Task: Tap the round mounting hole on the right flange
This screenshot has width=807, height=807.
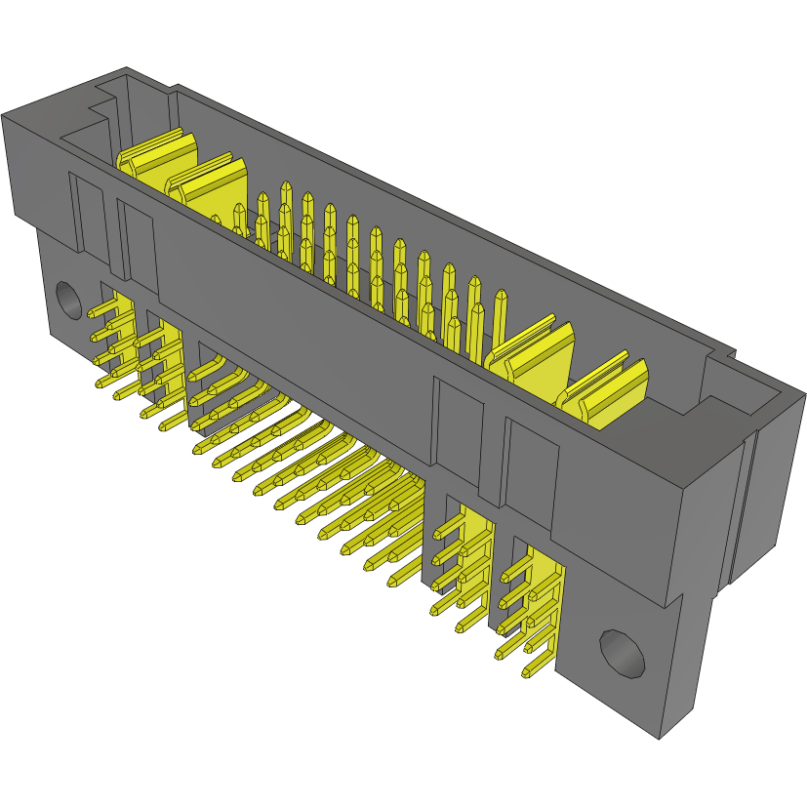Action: click(x=621, y=653)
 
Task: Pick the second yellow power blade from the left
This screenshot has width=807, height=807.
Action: click(x=206, y=181)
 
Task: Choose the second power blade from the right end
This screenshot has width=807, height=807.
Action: click(x=528, y=352)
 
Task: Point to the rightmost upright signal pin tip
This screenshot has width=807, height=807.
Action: click(x=501, y=297)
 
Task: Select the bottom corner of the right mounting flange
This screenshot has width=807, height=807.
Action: click(x=663, y=737)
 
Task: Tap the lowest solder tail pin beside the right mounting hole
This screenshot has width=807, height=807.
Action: click(x=536, y=670)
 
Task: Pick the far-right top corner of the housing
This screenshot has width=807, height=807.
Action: click(x=803, y=396)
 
